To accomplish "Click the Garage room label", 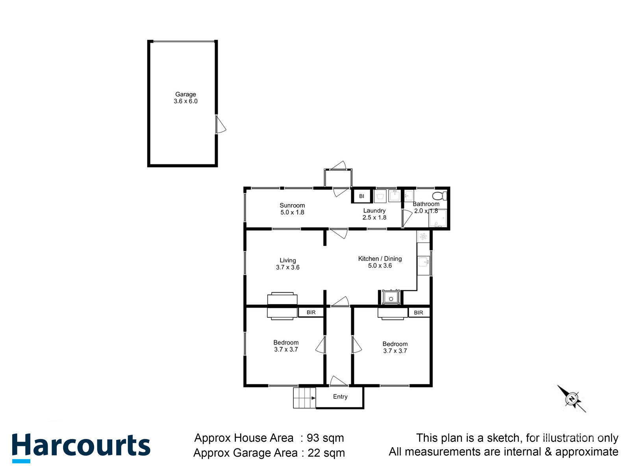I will (x=185, y=94).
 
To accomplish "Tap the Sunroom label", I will (x=292, y=205).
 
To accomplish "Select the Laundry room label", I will (x=374, y=211).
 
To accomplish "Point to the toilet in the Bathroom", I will (x=439, y=195).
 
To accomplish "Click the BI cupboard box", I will (x=361, y=196).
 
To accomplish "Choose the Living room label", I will (x=288, y=260).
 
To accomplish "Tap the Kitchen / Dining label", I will (x=380, y=259).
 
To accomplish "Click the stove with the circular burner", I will (x=391, y=297).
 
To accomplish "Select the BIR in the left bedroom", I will (x=311, y=312).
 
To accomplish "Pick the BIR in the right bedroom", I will (x=419, y=313).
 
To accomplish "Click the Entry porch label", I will (x=340, y=396).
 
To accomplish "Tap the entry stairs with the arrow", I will (x=304, y=398).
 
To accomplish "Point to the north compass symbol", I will (x=572, y=399).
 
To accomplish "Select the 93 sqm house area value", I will (x=325, y=438).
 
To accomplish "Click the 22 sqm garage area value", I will (x=326, y=453).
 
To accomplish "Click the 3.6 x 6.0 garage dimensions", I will (x=185, y=101).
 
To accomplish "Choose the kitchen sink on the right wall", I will (x=424, y=261).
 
